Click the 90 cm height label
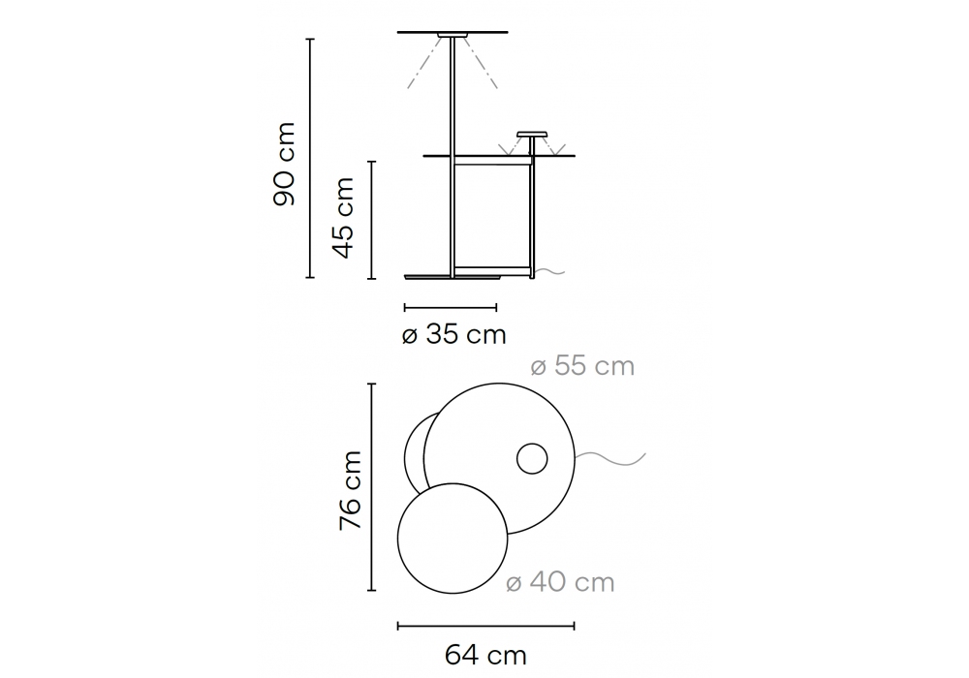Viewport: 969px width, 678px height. (x=284, y=164)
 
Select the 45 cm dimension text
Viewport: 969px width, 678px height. (x=343, y=218)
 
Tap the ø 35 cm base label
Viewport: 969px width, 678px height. (x=453, y=335)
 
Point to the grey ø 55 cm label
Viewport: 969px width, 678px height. (x=582, y=366)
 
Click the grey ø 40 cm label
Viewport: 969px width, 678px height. (x=560, y=582)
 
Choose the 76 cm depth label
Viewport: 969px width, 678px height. (x=351, y=490)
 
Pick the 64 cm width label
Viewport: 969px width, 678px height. (x=485, y=655)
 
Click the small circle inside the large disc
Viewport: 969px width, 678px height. (x=532, y=459)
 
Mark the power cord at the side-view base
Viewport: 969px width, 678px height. (x=550, y=271)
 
